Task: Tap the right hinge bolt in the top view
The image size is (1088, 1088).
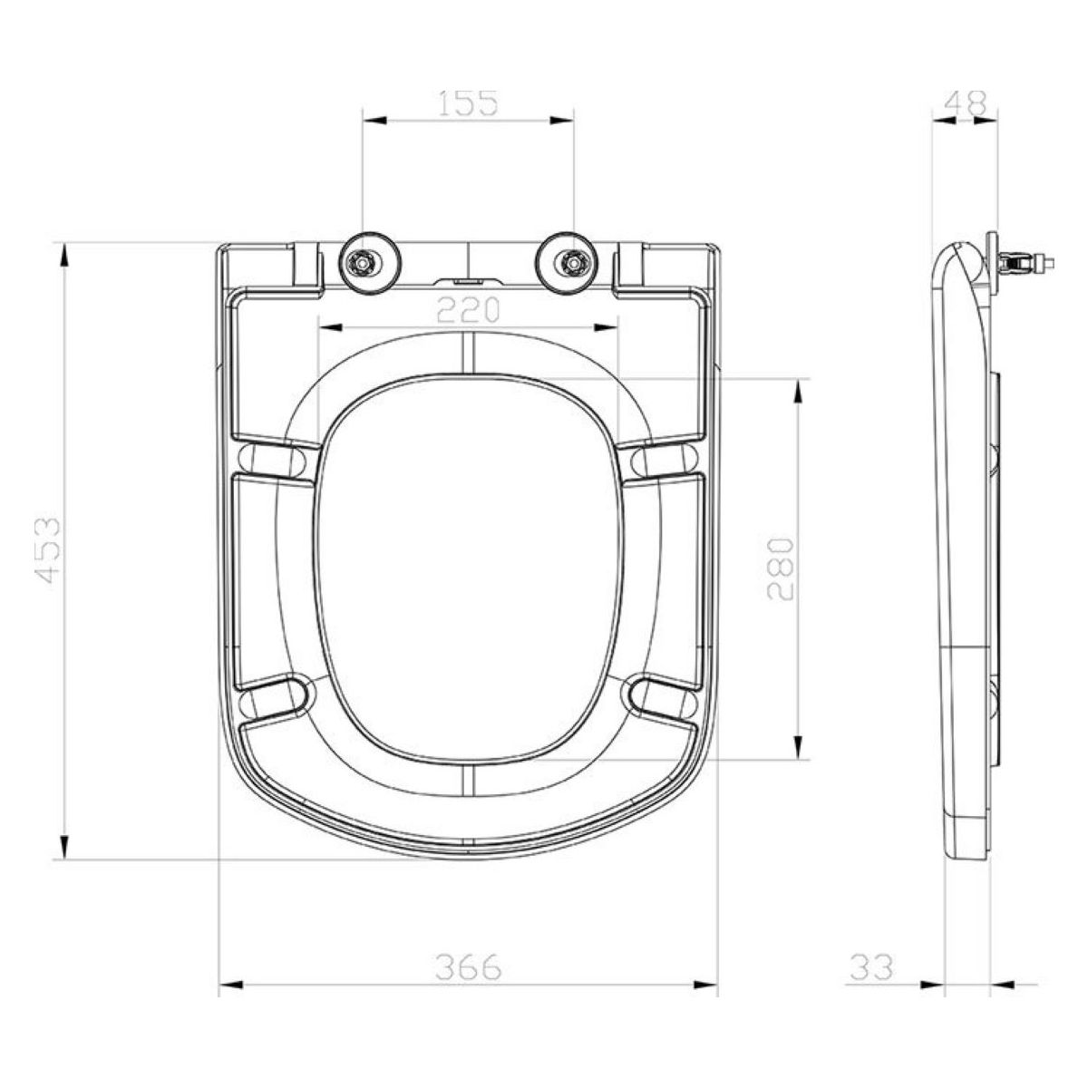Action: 573,263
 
